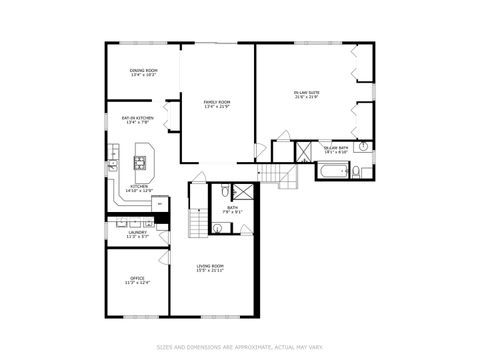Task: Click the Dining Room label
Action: [143, 70]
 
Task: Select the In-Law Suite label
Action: [306, 93]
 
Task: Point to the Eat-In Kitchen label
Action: [136, 118]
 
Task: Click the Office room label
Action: [137, 278]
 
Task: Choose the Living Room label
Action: [209, 266]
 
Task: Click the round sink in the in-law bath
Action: [363, 146]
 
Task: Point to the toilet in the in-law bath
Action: [355, 172]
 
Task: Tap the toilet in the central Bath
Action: [226, 189]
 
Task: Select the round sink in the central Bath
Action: [218, 228]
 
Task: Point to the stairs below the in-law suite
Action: [285, 177]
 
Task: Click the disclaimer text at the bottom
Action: [239, 347]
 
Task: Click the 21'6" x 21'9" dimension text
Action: [306, 97]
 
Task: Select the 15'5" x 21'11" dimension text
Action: [209, 270]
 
